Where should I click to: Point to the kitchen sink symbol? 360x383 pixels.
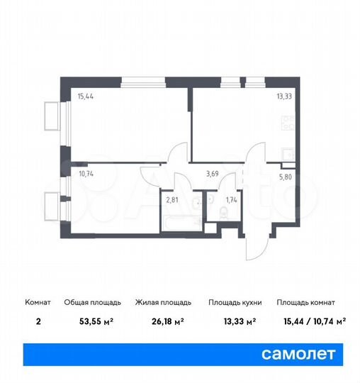point(288,154)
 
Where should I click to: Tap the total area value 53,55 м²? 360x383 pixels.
point(99,321)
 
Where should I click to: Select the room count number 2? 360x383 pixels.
point(38,321)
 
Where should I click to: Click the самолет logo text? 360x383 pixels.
point(298,353)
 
